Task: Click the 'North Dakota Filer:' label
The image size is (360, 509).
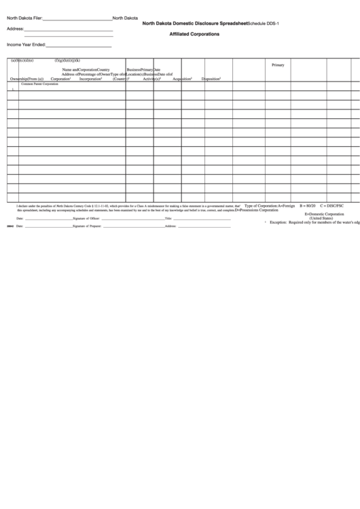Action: click(x=24, y=18)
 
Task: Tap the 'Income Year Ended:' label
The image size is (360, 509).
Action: click(x=26, y=44)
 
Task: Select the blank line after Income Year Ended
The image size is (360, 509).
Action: click(x=78, y=46)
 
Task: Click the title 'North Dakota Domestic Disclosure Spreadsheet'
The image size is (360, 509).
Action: click(x=195, y=23)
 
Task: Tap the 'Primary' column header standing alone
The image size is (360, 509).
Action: click(x=278, y=65)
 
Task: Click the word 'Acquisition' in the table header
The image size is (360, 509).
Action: click(x=182, y=79)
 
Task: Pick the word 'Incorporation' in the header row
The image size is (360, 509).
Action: click(x=90, y=79)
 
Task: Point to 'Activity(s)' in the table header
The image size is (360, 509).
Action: click(x=151, y=79)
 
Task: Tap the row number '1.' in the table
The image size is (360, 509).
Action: click(x=13, y=89)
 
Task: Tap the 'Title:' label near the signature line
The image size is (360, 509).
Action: click(x=168, y=219)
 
